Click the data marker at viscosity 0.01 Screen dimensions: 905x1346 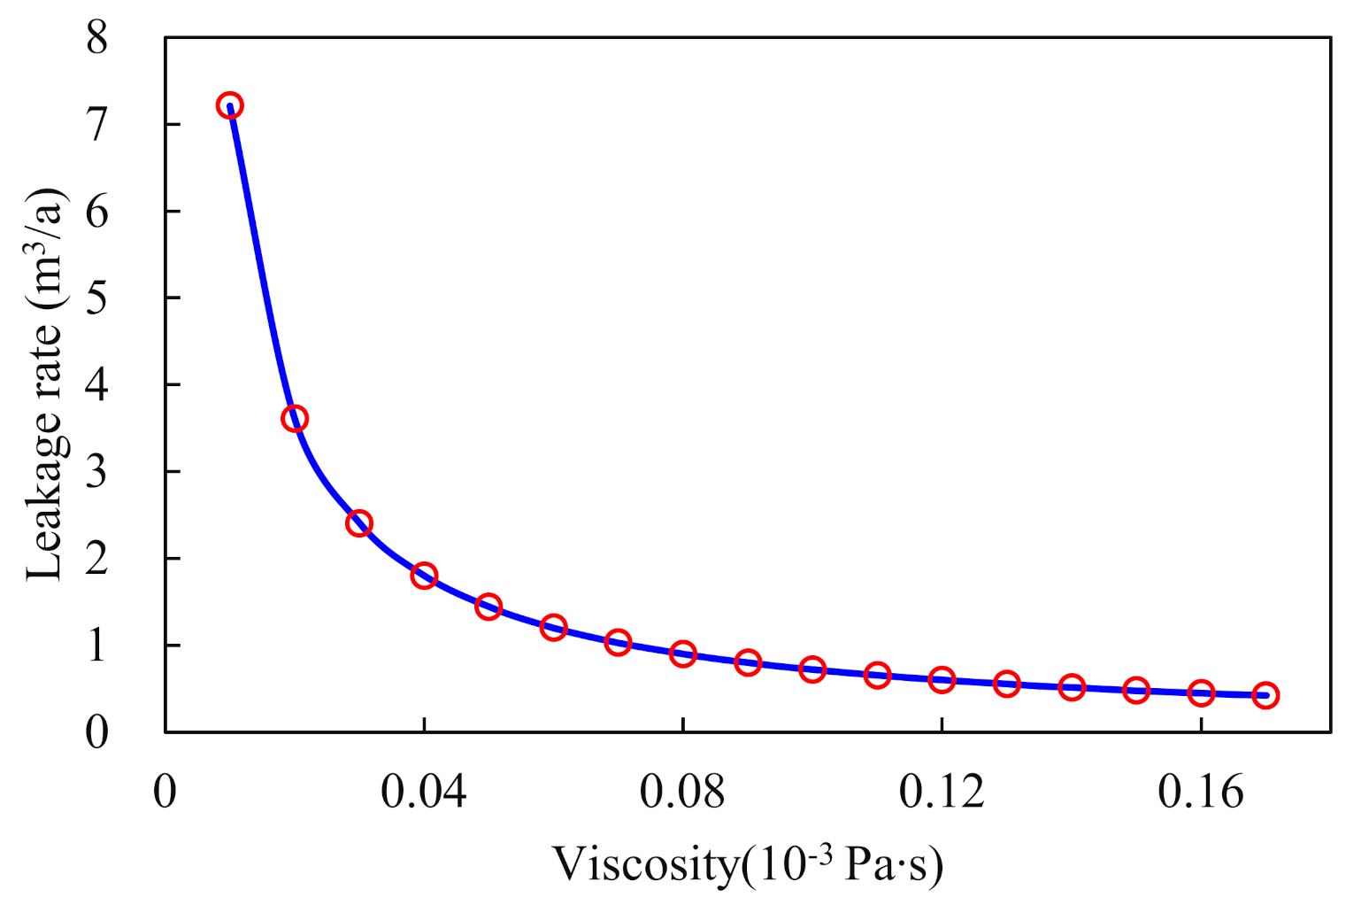click(229, 106)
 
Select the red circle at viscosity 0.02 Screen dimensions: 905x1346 click(295, 419)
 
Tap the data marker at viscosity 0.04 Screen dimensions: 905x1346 click(424, 576)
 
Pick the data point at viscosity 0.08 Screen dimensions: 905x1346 click(682, 654)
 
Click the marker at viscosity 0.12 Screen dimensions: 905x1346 click(942, 680)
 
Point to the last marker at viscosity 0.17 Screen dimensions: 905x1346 click(1265, 695)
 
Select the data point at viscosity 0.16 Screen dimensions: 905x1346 click(1201, 692)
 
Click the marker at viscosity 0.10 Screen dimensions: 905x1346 click(812, 669)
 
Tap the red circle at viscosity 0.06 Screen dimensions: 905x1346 click(553, 628)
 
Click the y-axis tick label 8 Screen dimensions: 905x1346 click(97, 38)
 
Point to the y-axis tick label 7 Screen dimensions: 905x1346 click(97, 124)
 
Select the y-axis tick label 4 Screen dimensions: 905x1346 click(97, 385)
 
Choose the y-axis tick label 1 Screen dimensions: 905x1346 click(97, 646)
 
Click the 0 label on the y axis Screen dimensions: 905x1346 click(97, 732)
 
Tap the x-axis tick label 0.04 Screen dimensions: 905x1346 click(424, 791)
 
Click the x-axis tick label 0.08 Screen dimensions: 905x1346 click(682, 791)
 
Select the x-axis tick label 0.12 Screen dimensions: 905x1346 click(942, 791)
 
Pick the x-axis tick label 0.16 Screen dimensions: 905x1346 click(1201, 791)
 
